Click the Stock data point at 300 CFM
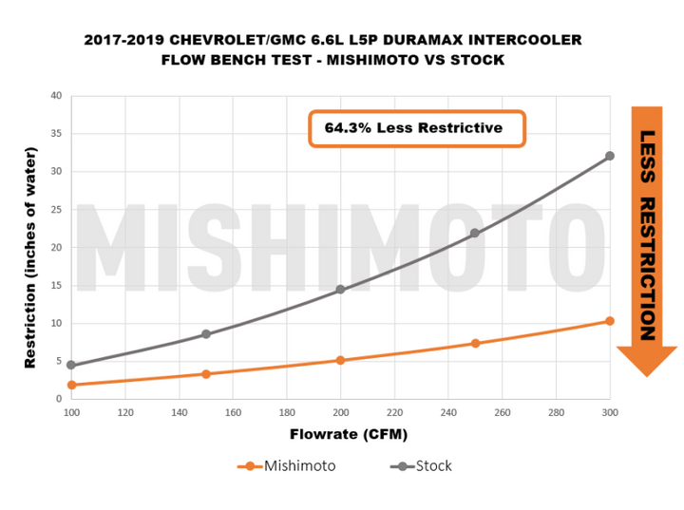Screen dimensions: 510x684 tap(610, 156)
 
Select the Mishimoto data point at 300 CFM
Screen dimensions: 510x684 tap(610, 321)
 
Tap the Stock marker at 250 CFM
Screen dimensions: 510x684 tap(475, 234)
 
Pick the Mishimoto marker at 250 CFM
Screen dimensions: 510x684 tap(475, 343)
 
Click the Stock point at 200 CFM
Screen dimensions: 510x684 tap(340, 290)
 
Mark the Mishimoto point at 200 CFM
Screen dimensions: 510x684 tap(340, 360)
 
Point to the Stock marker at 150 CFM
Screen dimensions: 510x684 tap(205, 334)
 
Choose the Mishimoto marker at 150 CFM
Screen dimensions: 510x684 tap(205, 373)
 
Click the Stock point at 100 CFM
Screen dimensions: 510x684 tap(71, 365)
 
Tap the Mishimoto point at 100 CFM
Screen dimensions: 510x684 tap(71, 385)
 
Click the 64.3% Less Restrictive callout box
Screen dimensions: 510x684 tap(417, 128)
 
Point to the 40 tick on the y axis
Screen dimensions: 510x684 tap(56, 96)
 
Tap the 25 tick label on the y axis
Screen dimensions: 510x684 tap(56, 210)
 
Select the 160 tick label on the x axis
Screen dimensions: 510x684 tap(233, 413)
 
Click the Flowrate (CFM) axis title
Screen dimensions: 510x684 tap(339, 435)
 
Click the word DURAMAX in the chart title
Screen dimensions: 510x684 tap(418, 40)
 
